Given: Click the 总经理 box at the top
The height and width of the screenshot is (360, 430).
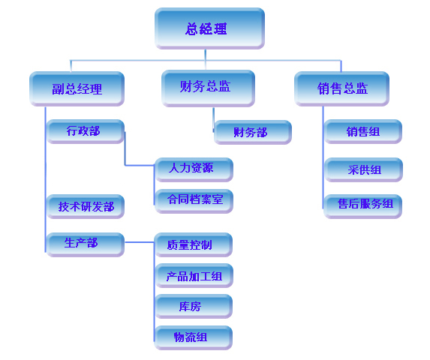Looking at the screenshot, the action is tap(209, 28).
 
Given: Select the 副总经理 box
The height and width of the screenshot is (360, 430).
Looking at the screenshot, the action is tap(77, 88).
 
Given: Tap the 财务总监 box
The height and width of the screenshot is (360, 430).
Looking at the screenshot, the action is tap(208, 88).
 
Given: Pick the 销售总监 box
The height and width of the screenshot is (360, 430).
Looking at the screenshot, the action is tap(341, 88).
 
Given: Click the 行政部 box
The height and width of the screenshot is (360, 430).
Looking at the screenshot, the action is tap(86, 131).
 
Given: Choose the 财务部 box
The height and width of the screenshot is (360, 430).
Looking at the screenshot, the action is tap(253, 132).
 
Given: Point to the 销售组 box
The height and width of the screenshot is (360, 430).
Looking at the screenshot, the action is tap(363, 131).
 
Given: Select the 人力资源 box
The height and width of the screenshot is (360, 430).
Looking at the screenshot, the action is tap(194, 169).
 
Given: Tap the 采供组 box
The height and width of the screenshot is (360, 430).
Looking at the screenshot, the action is tap(364, 169).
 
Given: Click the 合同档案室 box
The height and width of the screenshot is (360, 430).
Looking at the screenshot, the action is tap(194, 201).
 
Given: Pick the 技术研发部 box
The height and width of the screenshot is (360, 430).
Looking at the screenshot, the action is tap(86, 206).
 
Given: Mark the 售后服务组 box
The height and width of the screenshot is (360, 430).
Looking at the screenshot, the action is tap(362, 206).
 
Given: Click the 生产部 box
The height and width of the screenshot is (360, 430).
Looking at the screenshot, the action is tap(85, 244).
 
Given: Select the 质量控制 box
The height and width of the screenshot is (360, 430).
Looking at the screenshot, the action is tap(194, 244).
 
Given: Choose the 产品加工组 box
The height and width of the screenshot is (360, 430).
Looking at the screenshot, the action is tap(194, 275).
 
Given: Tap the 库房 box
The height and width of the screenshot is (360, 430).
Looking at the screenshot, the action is tap(194, 306).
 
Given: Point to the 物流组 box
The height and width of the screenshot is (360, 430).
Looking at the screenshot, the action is tap(194, 337).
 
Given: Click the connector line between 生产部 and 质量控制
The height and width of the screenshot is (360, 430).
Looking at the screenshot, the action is tap(140, 242).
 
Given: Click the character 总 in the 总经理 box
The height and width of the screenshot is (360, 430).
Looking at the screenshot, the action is tap(191, 28).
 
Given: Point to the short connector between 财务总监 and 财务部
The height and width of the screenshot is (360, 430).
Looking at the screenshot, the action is tap(213, 120).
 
